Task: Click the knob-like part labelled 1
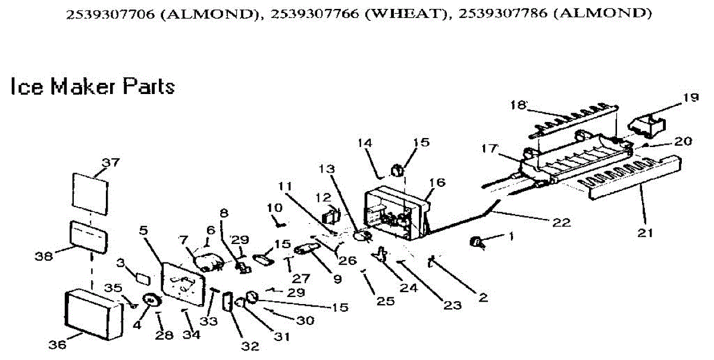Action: tap(476, 241)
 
